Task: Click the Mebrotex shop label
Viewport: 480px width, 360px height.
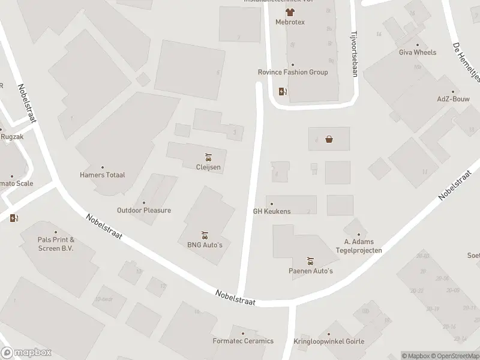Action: [x=290, y=22]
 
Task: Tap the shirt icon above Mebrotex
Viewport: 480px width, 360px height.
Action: [x=290, y=11]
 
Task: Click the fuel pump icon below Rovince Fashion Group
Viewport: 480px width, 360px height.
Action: [x=283, y=92]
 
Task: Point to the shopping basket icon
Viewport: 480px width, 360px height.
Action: [x=329, y=140]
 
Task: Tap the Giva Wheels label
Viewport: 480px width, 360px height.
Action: [x=418, y=52]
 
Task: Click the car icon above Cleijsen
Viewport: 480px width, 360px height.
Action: [x=208, y=158]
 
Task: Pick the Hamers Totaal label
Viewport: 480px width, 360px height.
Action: [x=102, y=175]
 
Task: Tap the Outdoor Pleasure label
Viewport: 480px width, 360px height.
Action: [x=144, y=210]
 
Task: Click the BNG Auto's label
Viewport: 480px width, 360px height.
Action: [x=205, y=245]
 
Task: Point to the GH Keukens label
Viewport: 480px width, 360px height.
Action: [x=272, y=211]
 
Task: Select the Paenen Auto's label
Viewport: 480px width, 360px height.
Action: [x=310, y=271]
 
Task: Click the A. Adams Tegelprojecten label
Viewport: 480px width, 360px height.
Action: [x=359, y=246]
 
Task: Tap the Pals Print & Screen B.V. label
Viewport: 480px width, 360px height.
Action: [x=55, y=244]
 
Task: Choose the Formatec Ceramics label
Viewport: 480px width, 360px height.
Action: [x=243, y=341]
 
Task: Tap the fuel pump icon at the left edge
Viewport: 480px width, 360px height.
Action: [x=14, y=217]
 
